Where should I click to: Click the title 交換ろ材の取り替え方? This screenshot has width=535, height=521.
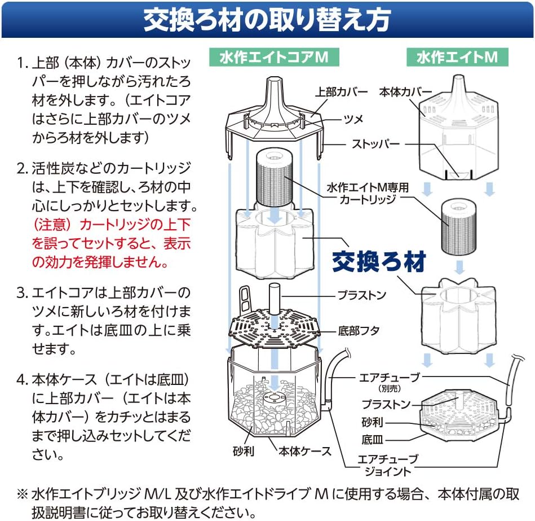tap(267, 19)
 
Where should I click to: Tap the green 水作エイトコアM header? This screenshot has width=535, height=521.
tap(274, 57)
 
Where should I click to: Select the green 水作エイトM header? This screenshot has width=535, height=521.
tap(457, 57)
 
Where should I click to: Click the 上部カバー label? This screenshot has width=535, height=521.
tap(341, 91)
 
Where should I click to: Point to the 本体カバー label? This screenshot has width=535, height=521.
tap(406, 91)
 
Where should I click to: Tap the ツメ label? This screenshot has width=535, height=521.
tap(353, 119)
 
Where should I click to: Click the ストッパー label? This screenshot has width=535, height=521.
tap(375, 144)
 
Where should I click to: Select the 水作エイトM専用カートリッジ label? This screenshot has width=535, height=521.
tap(368, 193)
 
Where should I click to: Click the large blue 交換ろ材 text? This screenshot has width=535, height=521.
tap(379, 261)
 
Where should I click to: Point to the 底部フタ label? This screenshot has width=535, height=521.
tap(359, 331)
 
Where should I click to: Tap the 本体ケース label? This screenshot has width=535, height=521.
tap(305, 452)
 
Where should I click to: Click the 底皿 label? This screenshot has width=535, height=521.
tap(372, 439)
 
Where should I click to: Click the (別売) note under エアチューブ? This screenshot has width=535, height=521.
tap(390, 388)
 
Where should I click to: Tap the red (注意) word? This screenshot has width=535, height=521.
tap(52, 225)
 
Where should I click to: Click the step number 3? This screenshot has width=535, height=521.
tap(21, 293)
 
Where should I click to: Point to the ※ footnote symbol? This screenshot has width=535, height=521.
tap(22, 494)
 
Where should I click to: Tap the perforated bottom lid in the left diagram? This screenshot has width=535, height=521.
tap(275, 327)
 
